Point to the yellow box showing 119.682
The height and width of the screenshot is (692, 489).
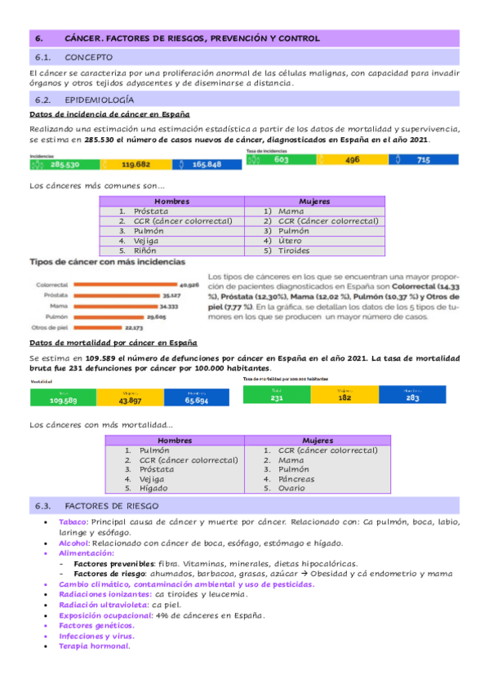coord(134,164)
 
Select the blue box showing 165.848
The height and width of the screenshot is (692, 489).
coord(207,164)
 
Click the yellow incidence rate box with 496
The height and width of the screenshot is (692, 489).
coord(353,161)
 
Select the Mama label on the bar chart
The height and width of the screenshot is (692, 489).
coord(58,306)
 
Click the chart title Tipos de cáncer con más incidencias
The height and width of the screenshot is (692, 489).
coord(107,262)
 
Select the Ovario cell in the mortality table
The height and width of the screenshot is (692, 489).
coord(292,488)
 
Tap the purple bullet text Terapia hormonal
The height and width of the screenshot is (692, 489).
coord(94,645)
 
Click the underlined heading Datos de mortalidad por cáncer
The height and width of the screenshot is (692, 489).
coord(113,343)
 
